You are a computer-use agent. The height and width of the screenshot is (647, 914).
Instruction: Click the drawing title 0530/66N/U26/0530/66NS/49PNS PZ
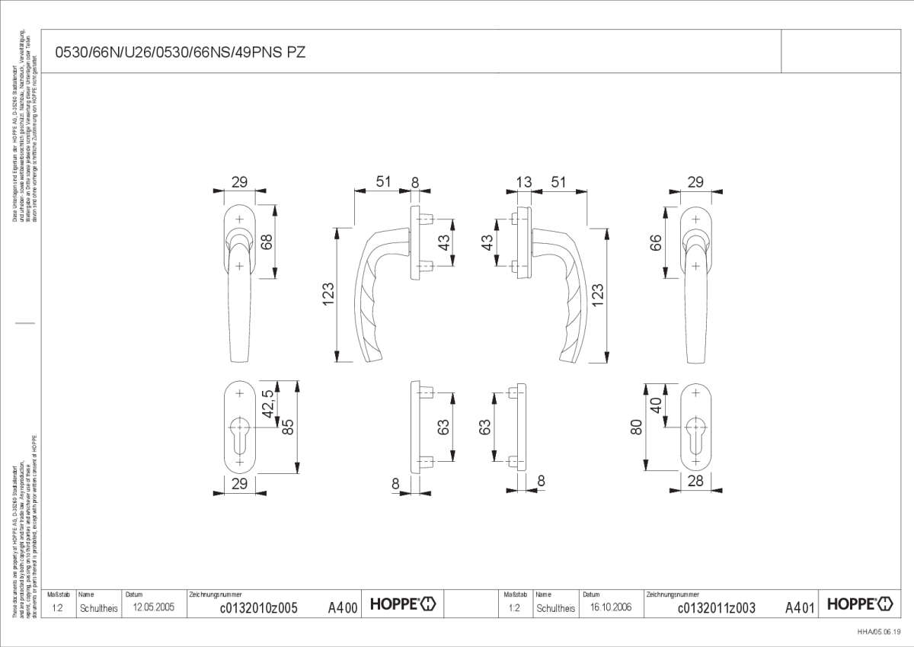[181, 53]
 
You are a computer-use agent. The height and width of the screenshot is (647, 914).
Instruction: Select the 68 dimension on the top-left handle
[267, 242]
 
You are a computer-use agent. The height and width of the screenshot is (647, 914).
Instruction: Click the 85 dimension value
[288, 427]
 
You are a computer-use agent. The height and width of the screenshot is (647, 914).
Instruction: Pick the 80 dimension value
[637, 427]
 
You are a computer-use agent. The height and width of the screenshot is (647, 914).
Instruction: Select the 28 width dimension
[695, 480]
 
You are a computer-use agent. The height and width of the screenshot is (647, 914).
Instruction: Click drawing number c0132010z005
[258, 607]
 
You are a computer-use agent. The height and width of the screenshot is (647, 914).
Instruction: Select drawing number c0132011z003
[716, 607]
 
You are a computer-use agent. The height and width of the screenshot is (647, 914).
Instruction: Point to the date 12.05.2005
[154, 607]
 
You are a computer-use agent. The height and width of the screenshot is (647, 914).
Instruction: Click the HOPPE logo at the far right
[860, 604]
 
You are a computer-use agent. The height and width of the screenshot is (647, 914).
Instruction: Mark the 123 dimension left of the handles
[328, 294]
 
